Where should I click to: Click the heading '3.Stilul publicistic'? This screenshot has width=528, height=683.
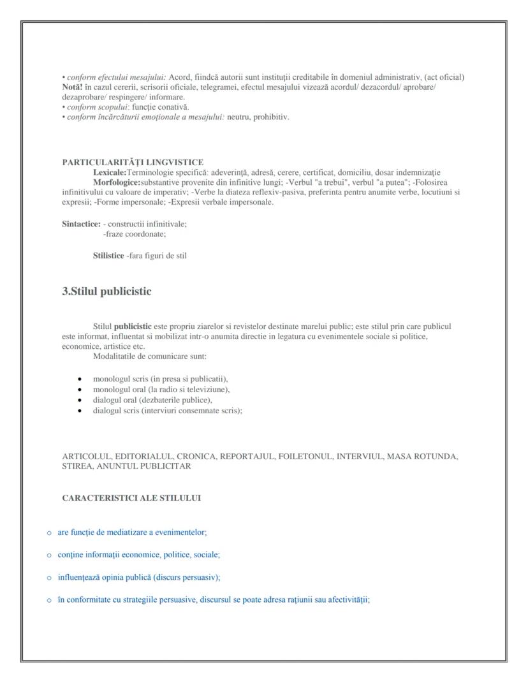tap(106, 291)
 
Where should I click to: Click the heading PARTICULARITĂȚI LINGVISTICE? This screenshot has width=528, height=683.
tap(133, 163)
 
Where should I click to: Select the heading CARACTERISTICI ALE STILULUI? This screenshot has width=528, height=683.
tap(131, 498)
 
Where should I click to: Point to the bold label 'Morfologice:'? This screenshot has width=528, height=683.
tap(117, 182)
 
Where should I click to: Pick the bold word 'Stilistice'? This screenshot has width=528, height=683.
tap(108, 256)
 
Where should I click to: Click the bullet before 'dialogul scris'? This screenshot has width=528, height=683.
tap(79, 411)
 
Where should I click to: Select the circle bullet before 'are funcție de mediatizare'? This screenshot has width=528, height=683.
tap(49, 532)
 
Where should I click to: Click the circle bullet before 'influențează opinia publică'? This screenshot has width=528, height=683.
tap(49, 578)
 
